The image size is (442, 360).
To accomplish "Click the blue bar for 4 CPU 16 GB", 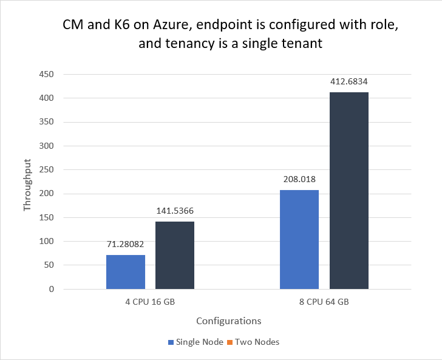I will pos(126,271).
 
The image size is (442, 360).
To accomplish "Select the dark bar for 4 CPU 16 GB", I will pos(175,255).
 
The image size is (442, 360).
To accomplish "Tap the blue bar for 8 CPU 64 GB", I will pos(299,239).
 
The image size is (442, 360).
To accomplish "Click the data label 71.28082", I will pos(126,245).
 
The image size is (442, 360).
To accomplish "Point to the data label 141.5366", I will pos(175,211).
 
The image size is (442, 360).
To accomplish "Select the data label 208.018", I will pos(299,180).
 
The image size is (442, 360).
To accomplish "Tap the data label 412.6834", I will pos(349,82).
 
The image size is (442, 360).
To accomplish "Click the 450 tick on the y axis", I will pos(46,75).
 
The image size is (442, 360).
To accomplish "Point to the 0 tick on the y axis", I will pos(51,289).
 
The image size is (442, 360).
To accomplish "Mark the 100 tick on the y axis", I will pos(46,242).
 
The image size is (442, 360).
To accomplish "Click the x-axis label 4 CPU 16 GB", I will pos(150,301).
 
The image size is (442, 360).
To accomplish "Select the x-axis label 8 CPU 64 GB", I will pos(324,301).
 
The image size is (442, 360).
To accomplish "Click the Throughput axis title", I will pos(27,182).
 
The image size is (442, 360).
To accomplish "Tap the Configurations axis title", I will pos(229,321).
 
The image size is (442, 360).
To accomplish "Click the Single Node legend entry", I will pos(195,342).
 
